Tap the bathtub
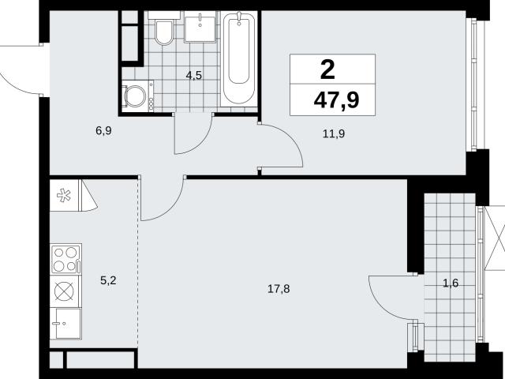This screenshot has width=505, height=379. click(238, 58)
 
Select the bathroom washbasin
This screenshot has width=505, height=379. click(200, 26)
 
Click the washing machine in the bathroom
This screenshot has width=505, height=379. click(137, 96)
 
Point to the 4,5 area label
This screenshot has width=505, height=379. click(194, 76)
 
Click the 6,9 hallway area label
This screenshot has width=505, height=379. click(103, 131)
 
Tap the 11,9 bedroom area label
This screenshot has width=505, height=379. click(334, 133)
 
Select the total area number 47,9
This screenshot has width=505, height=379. click(337, 100)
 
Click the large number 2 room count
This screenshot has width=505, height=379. click(328, 70)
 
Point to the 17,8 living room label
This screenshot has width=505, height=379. click(279, 289)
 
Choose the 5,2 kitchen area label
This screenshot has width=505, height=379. click(108, 280)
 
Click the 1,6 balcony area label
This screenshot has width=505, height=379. click(451, 283)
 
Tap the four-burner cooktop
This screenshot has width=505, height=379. click(66, 259)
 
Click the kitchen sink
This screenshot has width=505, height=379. click(65, 323)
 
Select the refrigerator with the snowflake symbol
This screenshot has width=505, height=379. click(64, 195)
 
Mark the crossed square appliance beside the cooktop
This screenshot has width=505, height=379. click(64, 291)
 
